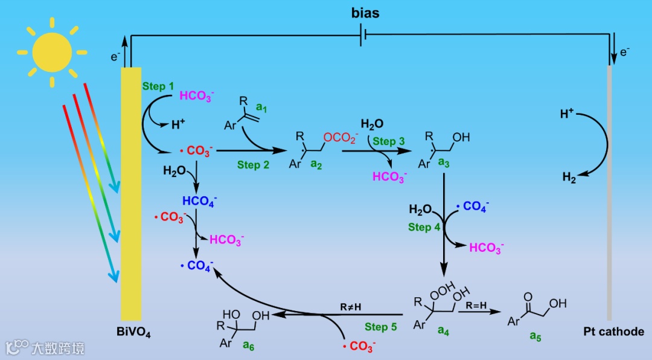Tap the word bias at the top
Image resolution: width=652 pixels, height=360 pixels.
point(366,13)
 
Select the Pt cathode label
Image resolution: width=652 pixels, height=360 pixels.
point(613,332)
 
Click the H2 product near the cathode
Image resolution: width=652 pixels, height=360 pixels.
point(569,177)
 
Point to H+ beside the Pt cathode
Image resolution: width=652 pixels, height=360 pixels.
point(567,114)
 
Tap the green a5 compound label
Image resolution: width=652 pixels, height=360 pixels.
point(536,336)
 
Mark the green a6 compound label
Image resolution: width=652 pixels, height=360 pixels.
point(248,344)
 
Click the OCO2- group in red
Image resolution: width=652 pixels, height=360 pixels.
point(340,138)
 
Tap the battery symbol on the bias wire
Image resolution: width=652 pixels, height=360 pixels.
point(363,36)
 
